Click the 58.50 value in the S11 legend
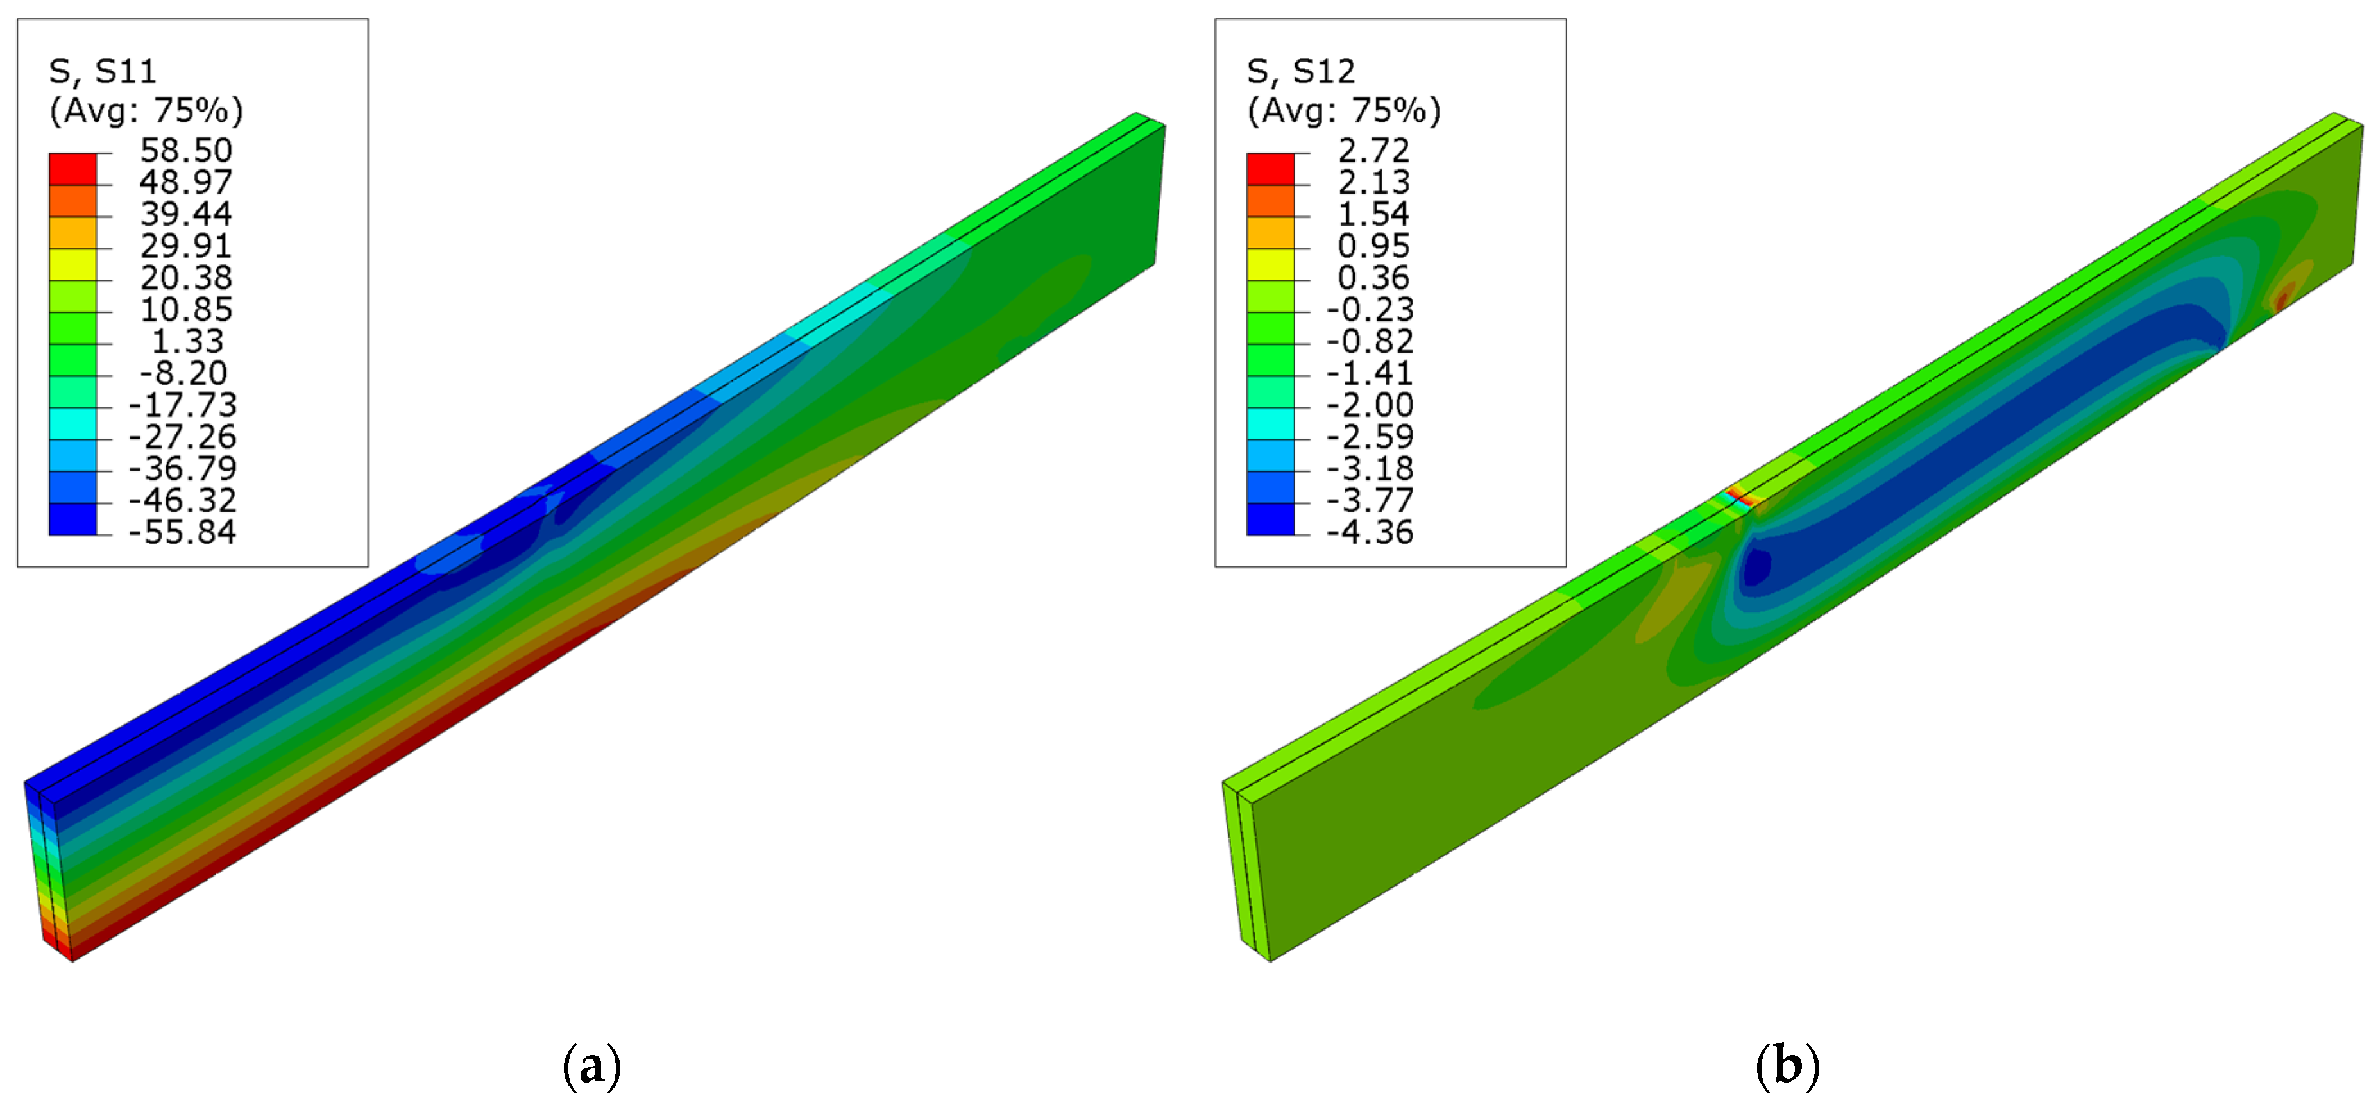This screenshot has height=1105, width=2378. (185, 149)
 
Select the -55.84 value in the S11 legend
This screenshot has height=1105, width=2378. (182, 532)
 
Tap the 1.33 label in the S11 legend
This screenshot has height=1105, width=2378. (187, 341)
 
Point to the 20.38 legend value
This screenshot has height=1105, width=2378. (185, 277)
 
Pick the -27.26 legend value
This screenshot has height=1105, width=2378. (182, 435)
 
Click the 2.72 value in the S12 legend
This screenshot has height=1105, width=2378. (1373, 149)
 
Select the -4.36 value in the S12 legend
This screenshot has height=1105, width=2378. (1370, 532)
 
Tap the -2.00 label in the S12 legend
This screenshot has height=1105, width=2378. (1370, 404)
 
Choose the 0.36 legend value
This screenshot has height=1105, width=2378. (1373, 277)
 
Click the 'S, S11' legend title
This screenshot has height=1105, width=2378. (103, 71)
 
